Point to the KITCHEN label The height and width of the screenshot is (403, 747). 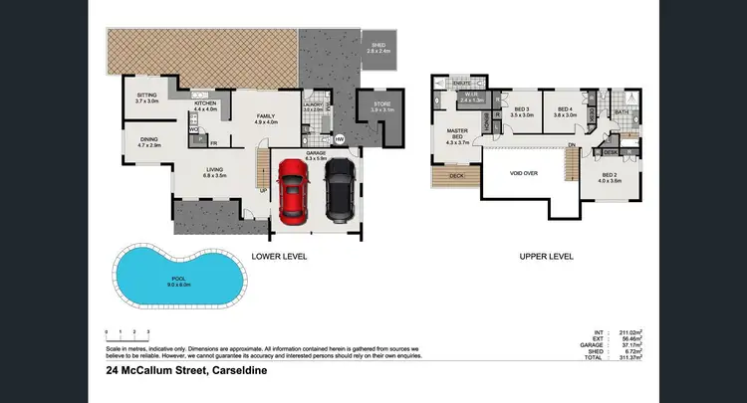(x=204, y=104)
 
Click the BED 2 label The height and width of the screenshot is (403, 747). (x=610, y=176)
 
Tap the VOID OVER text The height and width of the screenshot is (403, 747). (x=524, y=173)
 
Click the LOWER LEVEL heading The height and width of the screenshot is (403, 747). (x=279, y=257)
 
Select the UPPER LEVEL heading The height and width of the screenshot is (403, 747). (x=546, y=257)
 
